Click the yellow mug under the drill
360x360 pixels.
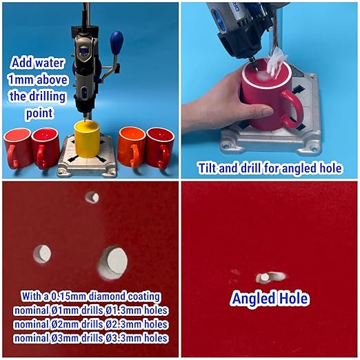(87, 139)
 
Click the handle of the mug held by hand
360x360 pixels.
(292, 109)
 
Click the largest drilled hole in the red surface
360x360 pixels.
(113, 263)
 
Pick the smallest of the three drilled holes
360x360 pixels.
(92, 198)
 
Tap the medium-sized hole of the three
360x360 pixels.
(42, 254)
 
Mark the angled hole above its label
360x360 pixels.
(270, 277)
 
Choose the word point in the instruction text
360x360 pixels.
(39, 113)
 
